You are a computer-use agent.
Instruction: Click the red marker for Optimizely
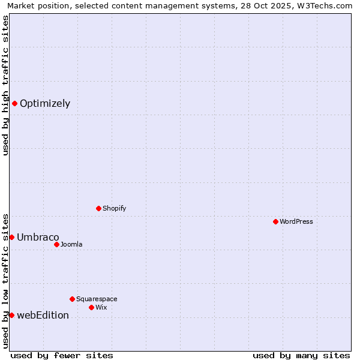(14, 103)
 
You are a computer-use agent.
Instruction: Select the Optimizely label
(45, 104)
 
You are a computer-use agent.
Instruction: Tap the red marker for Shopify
(98, 208)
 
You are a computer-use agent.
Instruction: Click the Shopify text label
(114, 209)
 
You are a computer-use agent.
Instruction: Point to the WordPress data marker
(275, 221)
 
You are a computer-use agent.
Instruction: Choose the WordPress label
(296, 222)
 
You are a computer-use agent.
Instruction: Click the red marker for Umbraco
(11, 237)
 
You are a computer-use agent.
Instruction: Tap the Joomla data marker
(56, 244)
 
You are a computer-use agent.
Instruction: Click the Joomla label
(71, 245)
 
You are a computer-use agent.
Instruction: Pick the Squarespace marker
(72, 299)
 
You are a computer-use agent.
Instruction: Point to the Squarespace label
(97, 299)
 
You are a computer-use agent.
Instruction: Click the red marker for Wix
(91, 307)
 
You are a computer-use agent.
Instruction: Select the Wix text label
(101, 308)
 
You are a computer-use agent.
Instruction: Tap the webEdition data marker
(11, 315)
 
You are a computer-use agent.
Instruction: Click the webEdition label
(43, 316)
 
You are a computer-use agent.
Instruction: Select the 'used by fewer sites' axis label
(62, 355)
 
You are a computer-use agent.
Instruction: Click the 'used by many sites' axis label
(301, 355)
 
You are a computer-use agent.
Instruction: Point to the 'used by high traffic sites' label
(6, 85)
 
